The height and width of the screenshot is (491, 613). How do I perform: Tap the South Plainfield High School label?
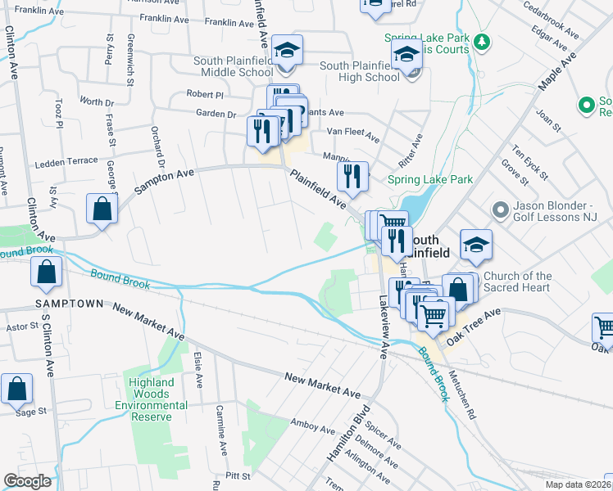tap(360, 72)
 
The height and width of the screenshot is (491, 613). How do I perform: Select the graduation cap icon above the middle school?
tap(288, 50)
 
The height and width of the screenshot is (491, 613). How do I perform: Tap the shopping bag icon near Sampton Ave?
tap(102, 209)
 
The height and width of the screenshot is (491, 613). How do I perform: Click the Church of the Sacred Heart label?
tap(517, 282)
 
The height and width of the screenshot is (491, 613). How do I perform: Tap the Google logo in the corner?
tap(27, 481)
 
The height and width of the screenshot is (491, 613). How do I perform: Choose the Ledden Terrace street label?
tap(65, 160)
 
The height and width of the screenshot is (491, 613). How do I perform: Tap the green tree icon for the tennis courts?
tap(483, 41)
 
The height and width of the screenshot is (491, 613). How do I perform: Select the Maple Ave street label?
tap(557, 73)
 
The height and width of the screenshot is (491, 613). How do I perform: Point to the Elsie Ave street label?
tap(197, 369)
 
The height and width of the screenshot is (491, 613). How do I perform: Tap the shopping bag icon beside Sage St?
tap(16, 390)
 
